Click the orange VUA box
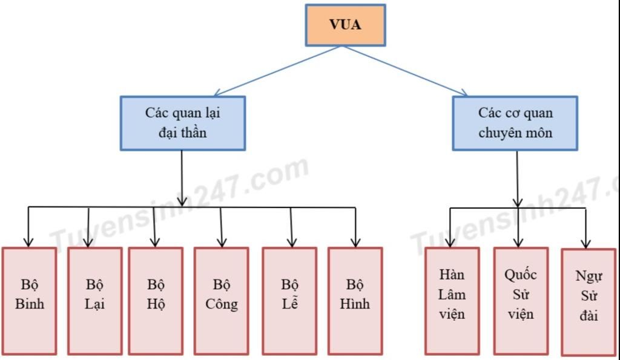tap(345, 25)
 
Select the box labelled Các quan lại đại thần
tap(182, 123)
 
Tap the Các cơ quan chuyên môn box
tap(515, 123)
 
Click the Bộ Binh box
tap(29, 300)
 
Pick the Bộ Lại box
tap(94, 300)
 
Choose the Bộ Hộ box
tap(156, 300)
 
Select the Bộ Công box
tap(221, 300)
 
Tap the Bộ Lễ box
tap(289, 300)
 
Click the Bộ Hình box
tap(355, 300)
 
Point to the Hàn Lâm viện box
tap(452, 300)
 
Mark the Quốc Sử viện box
tap(520, 300)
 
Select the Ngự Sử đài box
tap(589, 301)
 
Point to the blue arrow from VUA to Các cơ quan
tap(404, 70)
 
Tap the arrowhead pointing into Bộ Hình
tap(355, 242)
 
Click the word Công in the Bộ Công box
tap(222, 304)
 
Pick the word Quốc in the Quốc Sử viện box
tap(521, 274)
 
